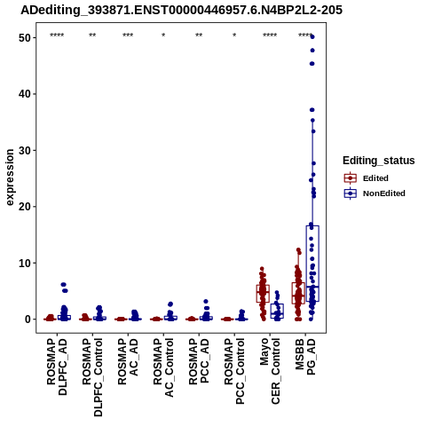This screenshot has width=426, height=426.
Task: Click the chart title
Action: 181,10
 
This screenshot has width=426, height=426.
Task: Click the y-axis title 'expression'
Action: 10,177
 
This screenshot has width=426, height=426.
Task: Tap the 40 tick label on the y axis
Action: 25,94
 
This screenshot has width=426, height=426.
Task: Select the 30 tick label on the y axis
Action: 25,150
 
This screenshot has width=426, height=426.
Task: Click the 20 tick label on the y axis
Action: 25,207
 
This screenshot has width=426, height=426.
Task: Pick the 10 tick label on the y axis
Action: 25,263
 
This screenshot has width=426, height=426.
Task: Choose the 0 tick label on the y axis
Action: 28,319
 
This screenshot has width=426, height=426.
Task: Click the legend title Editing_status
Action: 379,161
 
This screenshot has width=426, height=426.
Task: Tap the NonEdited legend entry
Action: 375,193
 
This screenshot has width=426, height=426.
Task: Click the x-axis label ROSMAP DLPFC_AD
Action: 57,367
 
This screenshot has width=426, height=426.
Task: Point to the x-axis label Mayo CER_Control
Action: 270,371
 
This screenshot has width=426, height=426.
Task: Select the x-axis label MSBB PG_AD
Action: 305,357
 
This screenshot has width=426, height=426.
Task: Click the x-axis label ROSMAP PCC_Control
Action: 234,371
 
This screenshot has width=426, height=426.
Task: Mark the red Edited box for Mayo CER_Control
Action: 263,294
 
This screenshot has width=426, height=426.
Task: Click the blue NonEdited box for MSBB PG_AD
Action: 312,264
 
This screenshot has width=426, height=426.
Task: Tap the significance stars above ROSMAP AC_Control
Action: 163,35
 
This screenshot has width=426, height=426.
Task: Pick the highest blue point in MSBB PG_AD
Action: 312,36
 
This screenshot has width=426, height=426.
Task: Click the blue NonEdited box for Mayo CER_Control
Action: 277,311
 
